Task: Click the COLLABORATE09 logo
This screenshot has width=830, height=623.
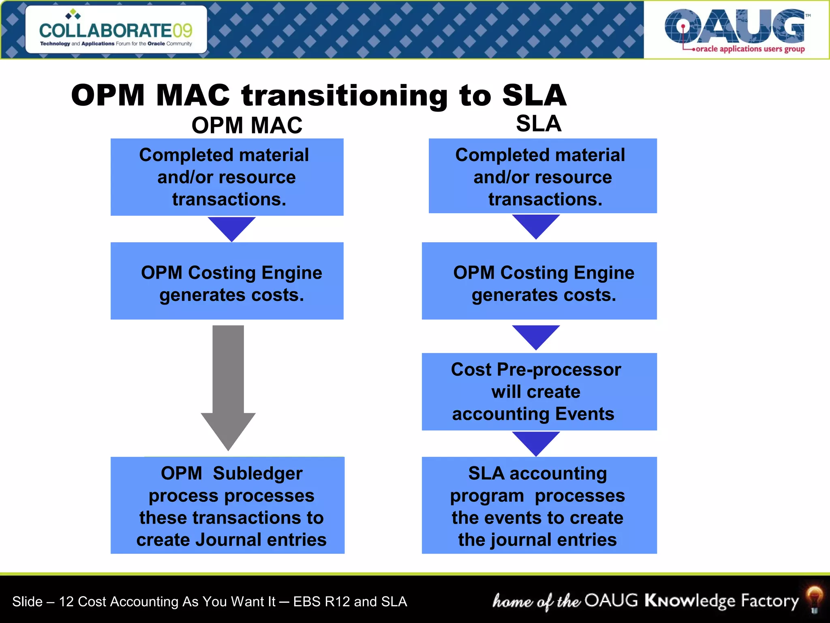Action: [x=116, y=30]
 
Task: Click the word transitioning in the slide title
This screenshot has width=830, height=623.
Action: [x=344, y=96]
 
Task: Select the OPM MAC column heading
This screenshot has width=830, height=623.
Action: [x=247, y=125]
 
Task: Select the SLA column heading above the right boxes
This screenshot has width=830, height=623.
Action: [x=539, y=123]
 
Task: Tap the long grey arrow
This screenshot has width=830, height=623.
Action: [x=228, y=385]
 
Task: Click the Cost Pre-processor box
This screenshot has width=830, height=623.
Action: [x=539, y=391]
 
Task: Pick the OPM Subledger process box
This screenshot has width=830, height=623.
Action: [x=227, y=505]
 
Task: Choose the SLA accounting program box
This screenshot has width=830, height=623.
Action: [x=539, y=505]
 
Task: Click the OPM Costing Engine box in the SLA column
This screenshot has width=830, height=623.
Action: [x=539, y=281]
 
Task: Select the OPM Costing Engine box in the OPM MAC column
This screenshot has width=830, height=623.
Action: [x=227, y=281]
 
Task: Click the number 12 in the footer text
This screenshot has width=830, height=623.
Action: [x=66, y=602]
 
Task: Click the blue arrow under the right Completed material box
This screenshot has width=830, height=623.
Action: [x=536, y=226]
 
